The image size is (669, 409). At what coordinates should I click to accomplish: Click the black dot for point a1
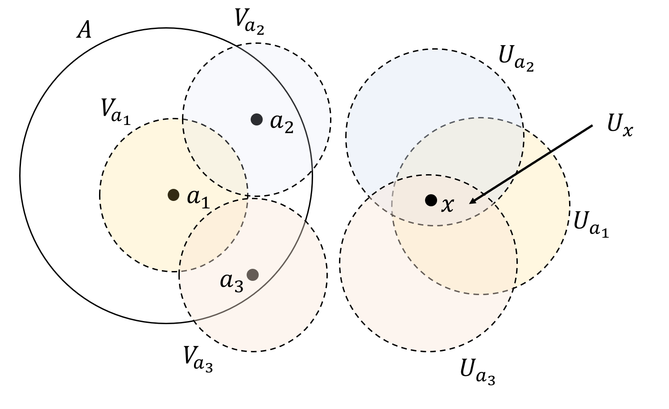[173, 195]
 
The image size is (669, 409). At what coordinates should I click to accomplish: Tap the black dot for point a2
[256, 119]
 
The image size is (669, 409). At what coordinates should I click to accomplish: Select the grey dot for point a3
[252, 275]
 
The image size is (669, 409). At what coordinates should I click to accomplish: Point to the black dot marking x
[431, 200]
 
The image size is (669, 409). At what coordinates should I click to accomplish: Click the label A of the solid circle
[84, 31]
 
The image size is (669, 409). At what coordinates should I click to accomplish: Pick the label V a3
[198, 358]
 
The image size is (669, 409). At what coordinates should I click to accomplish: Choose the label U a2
[516, 60]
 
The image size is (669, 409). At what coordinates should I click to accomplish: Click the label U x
[619, 125]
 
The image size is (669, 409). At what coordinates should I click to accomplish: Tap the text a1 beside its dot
[198, 198]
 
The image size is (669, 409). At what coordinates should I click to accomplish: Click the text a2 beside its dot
[282, 123]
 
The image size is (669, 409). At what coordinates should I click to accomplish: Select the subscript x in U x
[628, 130]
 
